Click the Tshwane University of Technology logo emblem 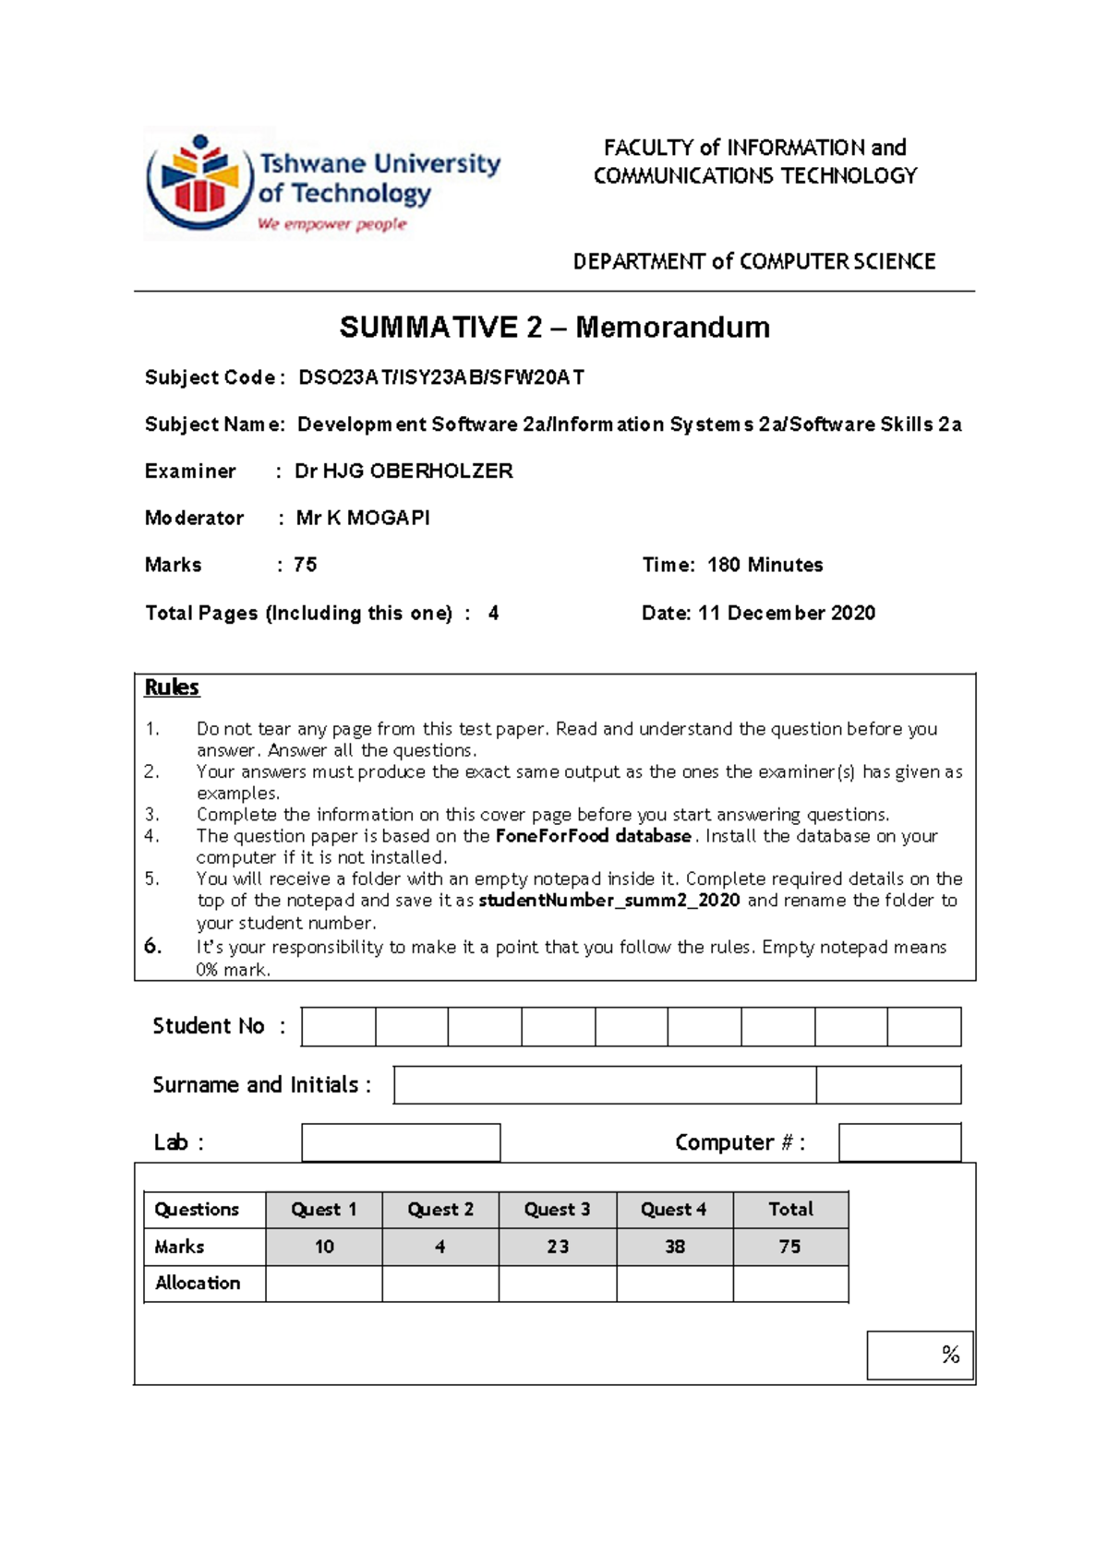199,182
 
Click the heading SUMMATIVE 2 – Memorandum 554,328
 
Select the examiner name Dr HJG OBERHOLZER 403,472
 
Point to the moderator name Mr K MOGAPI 363,518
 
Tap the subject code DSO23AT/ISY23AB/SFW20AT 440,377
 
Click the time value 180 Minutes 765,565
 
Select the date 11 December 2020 786,613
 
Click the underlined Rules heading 172,687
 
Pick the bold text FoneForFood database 593,836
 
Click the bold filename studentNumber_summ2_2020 609,901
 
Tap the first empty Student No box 339,1027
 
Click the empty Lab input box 401,1142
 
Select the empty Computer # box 899,1142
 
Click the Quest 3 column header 557,1210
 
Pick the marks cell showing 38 675,1247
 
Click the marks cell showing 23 557,1247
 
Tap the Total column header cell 790,1210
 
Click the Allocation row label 198,1284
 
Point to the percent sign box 920,1355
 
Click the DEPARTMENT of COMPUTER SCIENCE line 754,262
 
